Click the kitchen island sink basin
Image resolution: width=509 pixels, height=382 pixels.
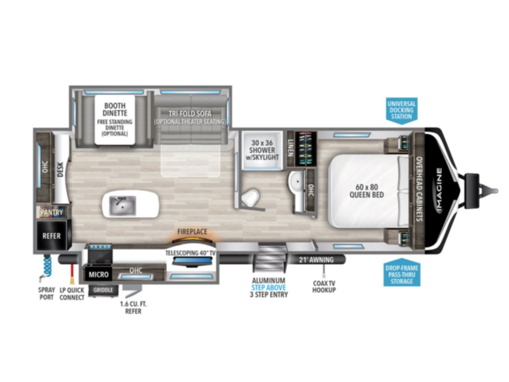tap(123, 205)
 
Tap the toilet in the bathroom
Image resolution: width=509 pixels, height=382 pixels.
tap(250, 197)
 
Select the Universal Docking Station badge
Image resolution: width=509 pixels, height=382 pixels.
tap(402, 110)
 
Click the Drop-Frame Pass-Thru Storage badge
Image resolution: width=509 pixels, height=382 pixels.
tap(402, 272)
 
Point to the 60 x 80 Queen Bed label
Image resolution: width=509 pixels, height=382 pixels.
tap(366, 191)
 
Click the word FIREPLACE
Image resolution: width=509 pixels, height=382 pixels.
tap(192, 232)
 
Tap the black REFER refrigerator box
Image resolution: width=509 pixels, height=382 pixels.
tap(52, 236)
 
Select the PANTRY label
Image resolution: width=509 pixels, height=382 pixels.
tap(52, 212)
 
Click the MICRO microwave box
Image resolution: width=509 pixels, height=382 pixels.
tap(99, 274)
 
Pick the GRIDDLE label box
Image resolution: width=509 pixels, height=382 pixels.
tap(103, 290)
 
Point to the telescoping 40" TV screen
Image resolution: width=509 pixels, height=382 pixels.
tap(192, 261)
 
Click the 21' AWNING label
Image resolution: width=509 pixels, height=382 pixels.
tap(316, 260)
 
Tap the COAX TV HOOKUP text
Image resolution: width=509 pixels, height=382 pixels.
tap(324, 286)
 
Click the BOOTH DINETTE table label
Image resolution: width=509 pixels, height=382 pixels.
tap(115, 109)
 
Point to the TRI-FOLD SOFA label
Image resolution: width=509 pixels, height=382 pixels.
tap(190, 114)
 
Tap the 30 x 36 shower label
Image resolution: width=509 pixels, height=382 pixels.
tap(262, 150)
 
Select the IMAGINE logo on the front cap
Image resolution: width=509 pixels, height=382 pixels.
tap(439, 190)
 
